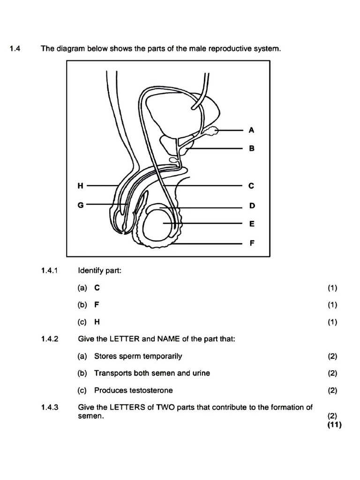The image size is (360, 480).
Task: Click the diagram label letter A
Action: coord(251,130)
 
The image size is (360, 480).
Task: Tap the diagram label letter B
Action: coord(251,148)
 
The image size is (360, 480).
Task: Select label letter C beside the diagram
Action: coord(251,186)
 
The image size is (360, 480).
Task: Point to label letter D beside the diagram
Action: coord(252,206)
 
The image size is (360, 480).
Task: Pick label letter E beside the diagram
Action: coord(252,224)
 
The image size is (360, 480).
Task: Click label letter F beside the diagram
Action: coord(252,243)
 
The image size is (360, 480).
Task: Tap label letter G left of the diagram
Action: coord(81,204)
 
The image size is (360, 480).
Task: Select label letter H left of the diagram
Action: coord(81,186)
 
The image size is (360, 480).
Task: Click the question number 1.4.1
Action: coord(49,270)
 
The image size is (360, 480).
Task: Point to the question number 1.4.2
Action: coord(49,339)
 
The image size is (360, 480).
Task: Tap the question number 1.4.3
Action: coord(49,407)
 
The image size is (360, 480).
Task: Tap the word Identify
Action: coord(89,270)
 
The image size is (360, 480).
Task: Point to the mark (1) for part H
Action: coord(332,322)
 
